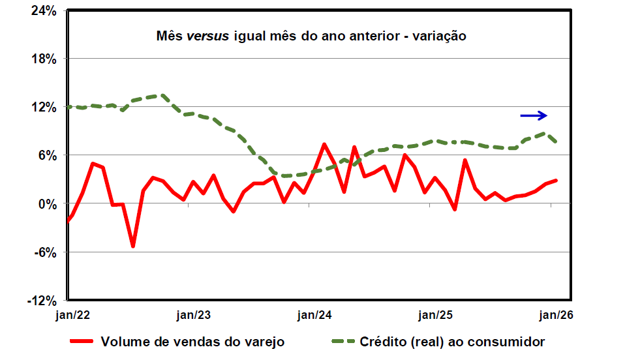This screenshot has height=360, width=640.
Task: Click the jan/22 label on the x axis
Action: tap(73, 315)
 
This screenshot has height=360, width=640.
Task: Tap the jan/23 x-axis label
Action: tap(194, 315)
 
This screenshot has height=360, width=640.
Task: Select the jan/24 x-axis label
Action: tap(315, 315)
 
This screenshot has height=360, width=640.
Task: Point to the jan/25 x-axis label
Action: tap(436, 315)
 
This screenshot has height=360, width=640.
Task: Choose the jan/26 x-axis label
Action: tap(556, 315)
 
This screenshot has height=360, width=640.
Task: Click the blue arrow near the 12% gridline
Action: tap(533, 115)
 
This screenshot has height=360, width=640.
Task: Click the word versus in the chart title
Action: tap(207, 36)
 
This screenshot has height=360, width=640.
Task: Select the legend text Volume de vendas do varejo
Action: tap(192, 341)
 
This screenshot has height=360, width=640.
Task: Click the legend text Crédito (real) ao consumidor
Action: tap(452, 341)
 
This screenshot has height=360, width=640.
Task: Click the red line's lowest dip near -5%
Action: tap(133, 246)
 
